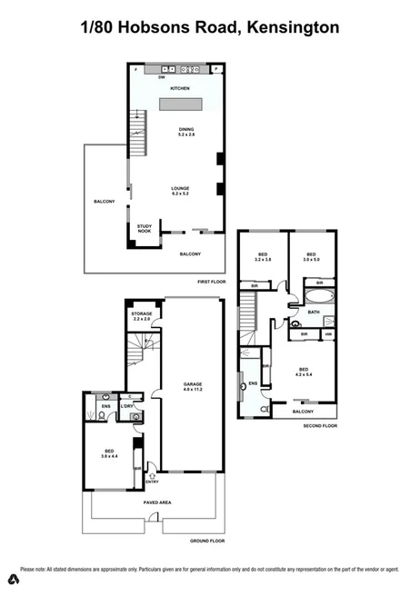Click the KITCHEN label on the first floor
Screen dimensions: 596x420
(178, 88)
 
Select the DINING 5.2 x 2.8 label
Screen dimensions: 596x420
(185, 132)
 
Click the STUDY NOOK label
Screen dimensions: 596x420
(144, 229)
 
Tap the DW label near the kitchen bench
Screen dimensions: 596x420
(161, 77)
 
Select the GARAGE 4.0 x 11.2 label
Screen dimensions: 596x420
(192, 385)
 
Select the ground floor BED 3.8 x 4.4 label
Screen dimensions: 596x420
(109, 452)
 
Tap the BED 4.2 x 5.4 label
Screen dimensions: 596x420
(304, 371)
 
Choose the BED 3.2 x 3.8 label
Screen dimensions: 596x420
(263, 256)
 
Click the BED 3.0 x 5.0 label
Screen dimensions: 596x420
(312, 256)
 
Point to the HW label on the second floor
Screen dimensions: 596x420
(328, 334)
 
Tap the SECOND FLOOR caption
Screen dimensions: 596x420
(320, 425)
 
